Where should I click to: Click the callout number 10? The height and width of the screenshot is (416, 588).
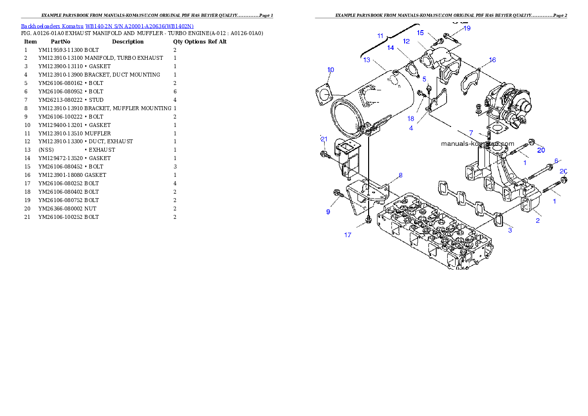click(x=331, y=70)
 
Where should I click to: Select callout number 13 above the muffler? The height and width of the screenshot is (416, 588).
click(x=367, y=60)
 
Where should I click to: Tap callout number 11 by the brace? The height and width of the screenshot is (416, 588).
click(x=380, y=36)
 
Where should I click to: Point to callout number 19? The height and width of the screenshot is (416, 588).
click(x=466, y=28)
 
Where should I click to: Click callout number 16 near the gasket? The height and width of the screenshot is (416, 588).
click(x=492, y=60)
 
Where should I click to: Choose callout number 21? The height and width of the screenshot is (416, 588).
click(x=324, y=139)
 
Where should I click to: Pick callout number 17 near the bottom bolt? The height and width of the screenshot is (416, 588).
click(x=348, y=235)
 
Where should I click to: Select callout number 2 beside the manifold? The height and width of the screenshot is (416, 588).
click(x=538, y=220)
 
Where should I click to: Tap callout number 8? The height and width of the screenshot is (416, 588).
click(x=401, y=175)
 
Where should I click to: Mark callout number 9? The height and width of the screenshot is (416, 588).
click(x=328, y=211)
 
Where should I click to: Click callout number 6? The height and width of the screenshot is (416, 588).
click(x=556, y=161)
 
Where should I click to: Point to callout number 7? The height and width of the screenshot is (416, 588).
click(x=471, y=133)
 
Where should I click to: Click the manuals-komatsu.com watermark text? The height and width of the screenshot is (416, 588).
click(x=477, y=144)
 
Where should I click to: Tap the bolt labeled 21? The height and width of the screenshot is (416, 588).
click(x=325, y=156)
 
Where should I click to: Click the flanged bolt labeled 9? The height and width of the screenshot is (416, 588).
click(x=338, y=194)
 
